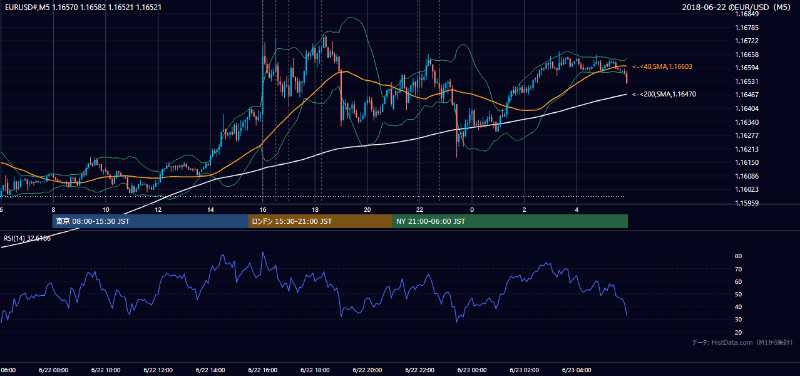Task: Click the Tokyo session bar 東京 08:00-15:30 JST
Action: tap(150, 221)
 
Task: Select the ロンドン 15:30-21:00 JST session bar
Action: tap(321, 221)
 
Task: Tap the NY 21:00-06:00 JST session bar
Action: tap(510, 221)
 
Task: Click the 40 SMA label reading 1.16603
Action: tap(662, 67)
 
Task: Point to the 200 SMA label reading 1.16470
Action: tap(664, 95)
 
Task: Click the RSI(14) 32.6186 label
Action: tap(27, 238)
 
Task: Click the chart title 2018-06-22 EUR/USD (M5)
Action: tap(736, 7)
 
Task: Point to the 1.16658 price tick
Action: tap(746, 55)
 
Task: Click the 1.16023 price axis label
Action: tap(746, 189)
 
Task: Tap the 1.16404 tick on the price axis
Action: tap(746, 108)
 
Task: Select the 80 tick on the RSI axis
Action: tap(738, 256)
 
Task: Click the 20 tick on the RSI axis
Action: tap(738, 333)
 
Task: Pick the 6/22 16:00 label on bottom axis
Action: tap(263, 370)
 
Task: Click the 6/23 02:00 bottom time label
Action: tap(525, 370)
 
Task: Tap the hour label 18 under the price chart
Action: tap(315, 210)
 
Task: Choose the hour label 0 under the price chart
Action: tap(472, 210)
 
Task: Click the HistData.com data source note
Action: tap(742, 342)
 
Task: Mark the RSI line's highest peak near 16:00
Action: tap(263, 253)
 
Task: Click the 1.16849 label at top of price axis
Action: tap(746, 14)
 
